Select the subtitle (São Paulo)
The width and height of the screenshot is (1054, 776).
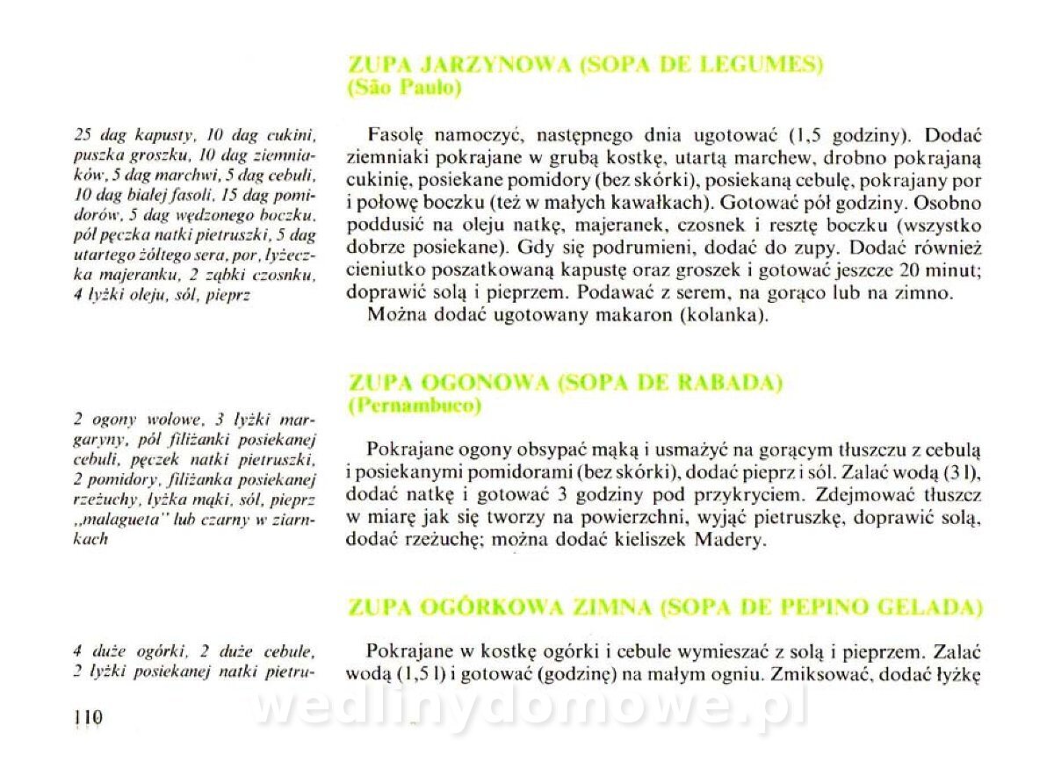(x=405, y=88)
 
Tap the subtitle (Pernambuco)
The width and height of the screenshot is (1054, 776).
(x=415, y=406)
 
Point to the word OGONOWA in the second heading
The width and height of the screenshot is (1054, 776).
(x=482, y=384)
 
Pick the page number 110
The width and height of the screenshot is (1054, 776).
(x=89, y=717)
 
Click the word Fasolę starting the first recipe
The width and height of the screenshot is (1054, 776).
(x=396, y=136)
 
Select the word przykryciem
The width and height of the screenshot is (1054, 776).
(x=759, y=494)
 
